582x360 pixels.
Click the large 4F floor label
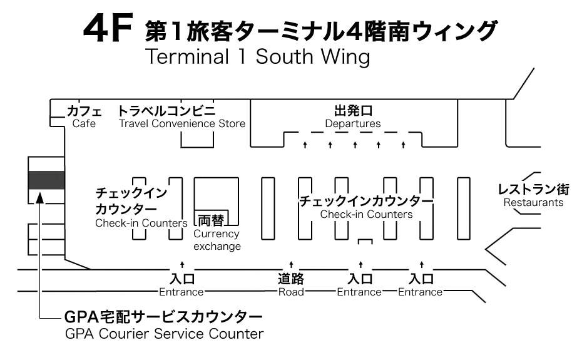click(x=108, y=28)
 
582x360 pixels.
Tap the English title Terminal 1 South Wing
click(x=258, y=57)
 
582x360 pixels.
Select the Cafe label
click(x=84, y=124)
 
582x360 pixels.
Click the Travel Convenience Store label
click(x=182, y=124)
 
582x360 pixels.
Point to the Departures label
click(x=353, y=124)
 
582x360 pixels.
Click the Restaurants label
click(x=533, y=202)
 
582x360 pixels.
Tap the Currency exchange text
click(x=217, y=240)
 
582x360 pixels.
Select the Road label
click(x=292, y=292)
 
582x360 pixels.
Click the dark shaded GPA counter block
click(x=46, y=180)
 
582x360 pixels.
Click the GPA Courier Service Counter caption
click(x=165, y=334)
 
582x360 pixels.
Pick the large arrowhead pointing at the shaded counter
click(x=39, y=198)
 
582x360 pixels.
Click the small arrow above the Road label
click(x=292, y=264)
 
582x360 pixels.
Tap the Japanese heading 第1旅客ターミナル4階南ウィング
click(x=320, y=31)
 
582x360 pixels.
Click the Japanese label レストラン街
click(x=533, y=189)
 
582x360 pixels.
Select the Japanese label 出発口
click(x=353, y=111)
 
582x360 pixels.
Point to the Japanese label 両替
click(x=211, y=220)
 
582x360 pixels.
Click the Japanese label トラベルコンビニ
click(x=166, y=111)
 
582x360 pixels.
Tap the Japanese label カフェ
click(x=84, y=111)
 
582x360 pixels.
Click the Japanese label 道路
click(x=292, y=279)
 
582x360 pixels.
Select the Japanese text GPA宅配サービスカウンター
click(x=163, y=317)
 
